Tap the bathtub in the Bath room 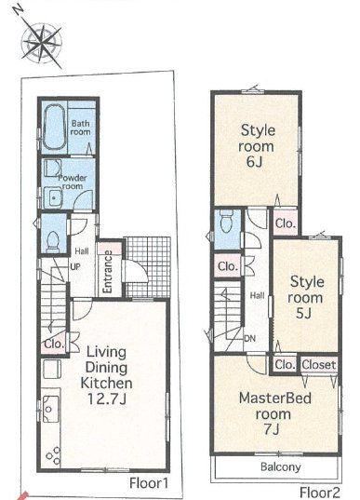(x=54, y=127)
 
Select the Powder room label (x=72, y=182)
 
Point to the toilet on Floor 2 (x=226, y=221)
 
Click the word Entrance (x=108, y=272)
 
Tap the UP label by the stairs (x=74, y=266)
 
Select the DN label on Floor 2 (x=250, y=338)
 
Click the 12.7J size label (x=107, y=399)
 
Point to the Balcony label (x=281, y=466)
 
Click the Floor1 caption (x=149, y=483)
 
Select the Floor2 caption (x=321, y=493)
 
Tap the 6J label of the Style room (x=254, y=162)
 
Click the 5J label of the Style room (x=303, y=314)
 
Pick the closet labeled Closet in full (x=318, y=364)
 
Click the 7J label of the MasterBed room (x=272, y=430)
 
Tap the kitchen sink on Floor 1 (x=51, y=409)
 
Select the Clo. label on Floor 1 (x=54, y=345)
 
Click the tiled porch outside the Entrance (x=147, y=266)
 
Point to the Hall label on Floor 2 (x=257, y=295)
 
